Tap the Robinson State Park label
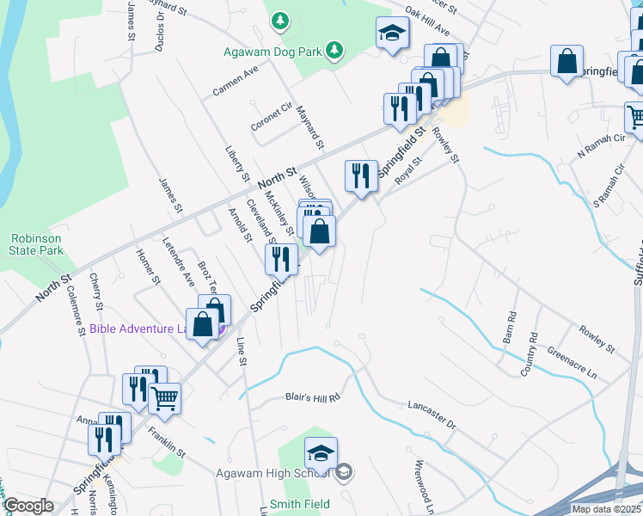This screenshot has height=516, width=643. [37, 244]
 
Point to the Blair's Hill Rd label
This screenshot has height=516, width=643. [313, 397]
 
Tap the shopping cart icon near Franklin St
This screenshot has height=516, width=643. [164, 398]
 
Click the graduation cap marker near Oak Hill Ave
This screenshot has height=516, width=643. [392, 34]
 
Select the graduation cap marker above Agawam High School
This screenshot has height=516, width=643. [321, 452]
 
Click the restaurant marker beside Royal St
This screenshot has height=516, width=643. [361, 176]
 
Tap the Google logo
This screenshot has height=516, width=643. [29, 506]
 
